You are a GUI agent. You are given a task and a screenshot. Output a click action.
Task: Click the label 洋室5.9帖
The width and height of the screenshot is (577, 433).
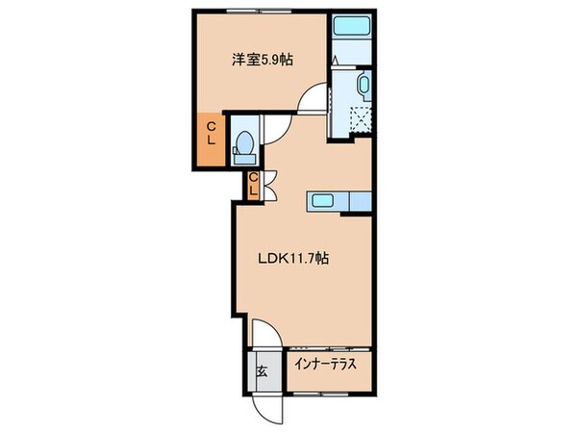[x=262, y=60]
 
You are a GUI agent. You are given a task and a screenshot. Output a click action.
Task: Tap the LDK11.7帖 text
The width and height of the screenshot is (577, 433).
[x=293, y=258]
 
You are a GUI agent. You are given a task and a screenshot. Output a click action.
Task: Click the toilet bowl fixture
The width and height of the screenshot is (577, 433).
[x=243, y=144]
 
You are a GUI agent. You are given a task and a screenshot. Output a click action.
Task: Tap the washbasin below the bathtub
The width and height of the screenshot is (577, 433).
[x=363, y=87]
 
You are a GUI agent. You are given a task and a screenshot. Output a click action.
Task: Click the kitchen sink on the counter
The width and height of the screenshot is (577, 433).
[x=320, y=201]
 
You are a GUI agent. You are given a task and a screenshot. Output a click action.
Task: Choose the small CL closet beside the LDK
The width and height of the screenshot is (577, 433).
[x=252, y=184]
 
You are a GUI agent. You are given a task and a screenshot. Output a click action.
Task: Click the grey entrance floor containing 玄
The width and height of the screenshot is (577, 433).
[x=263, y=373]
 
